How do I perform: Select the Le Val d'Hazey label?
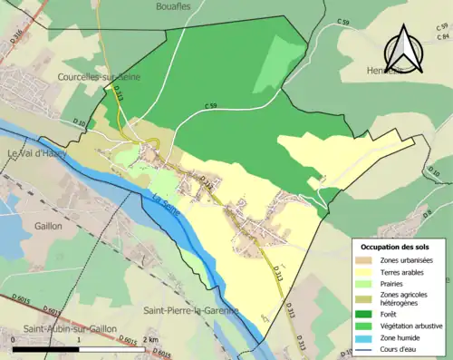(39, 153)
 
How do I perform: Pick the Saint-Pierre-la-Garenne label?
(190, 311)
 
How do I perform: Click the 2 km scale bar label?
(152, 337)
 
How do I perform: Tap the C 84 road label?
(442, 37)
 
